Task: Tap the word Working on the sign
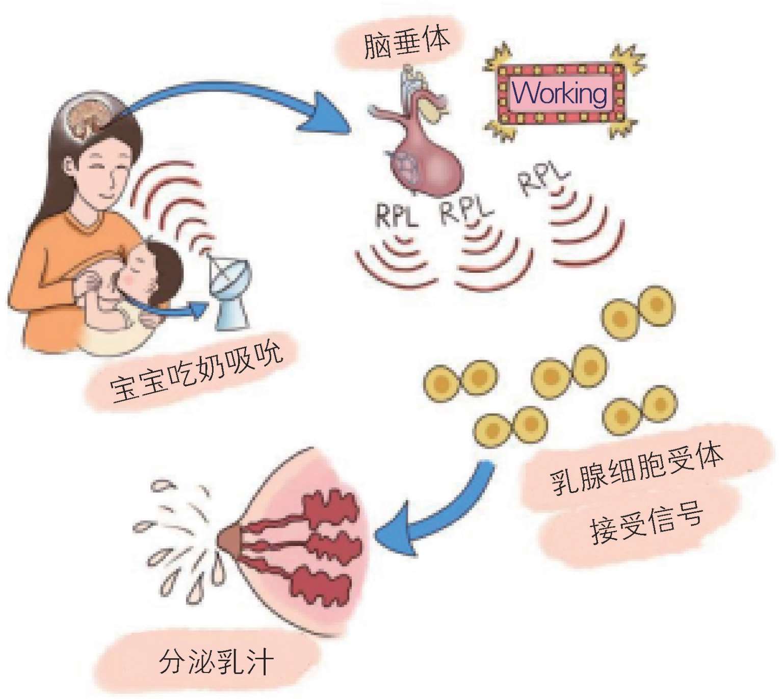[560, 93]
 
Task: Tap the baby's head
[153, 265]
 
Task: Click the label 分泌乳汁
[216, 662]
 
